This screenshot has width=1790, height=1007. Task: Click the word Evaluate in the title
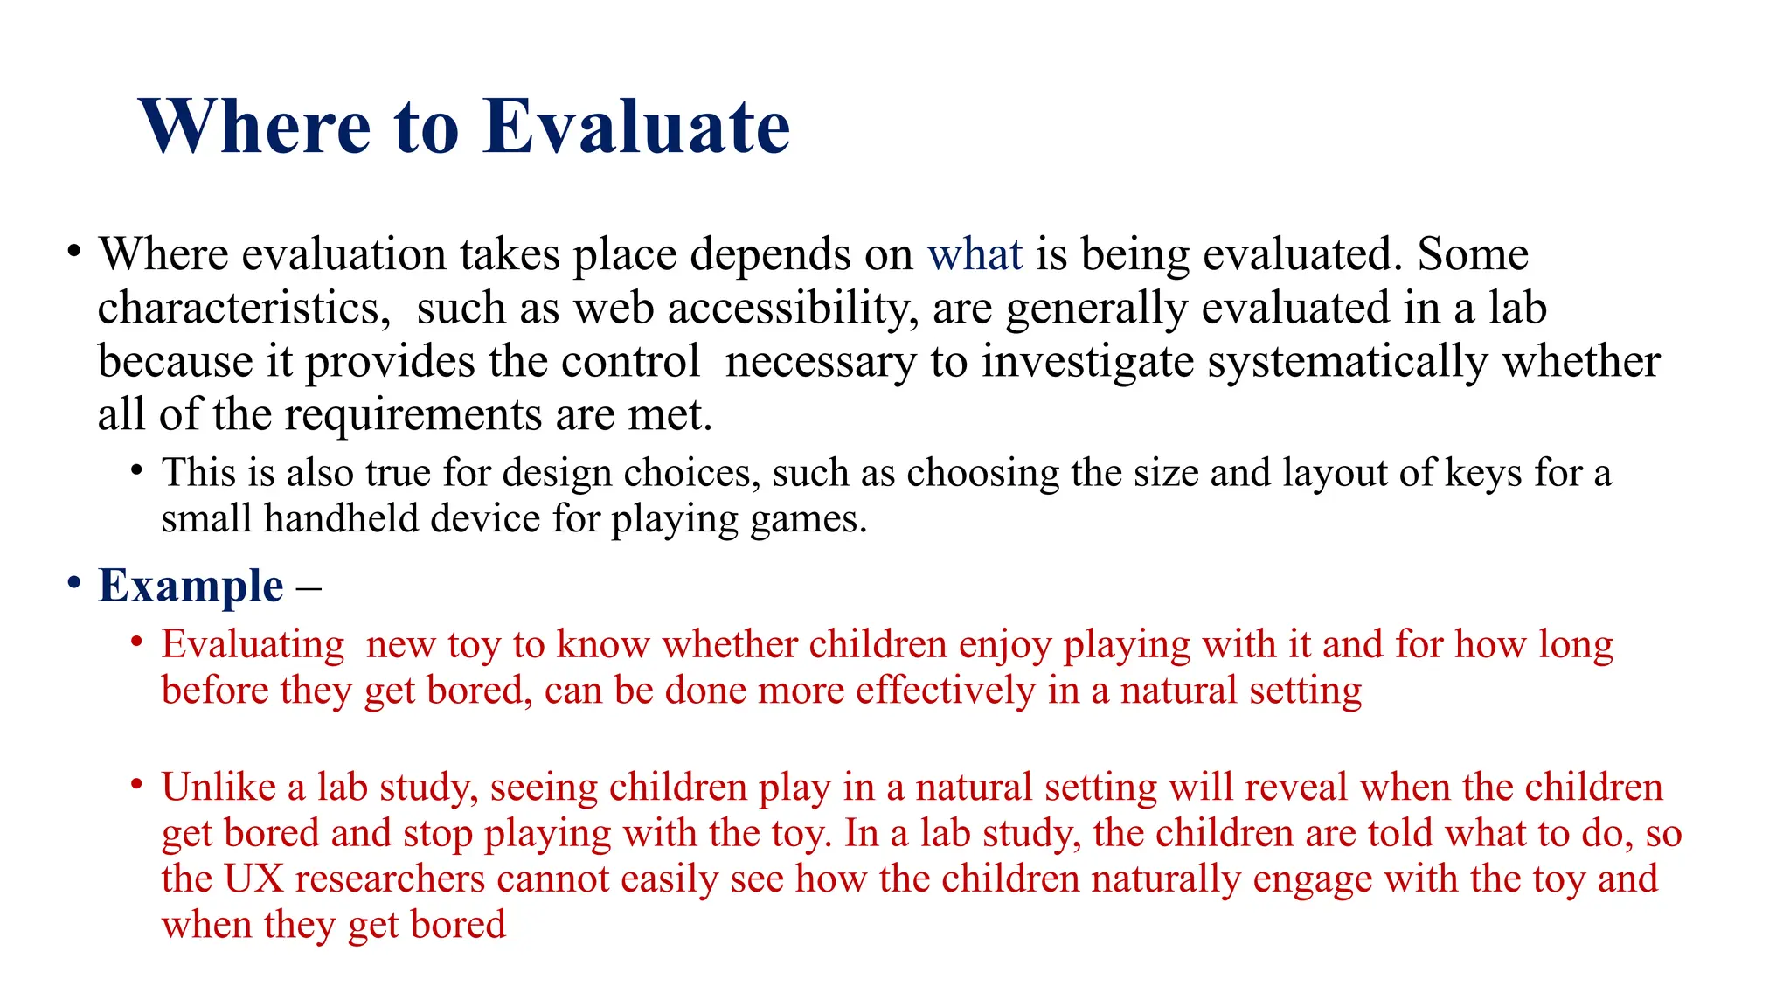636,127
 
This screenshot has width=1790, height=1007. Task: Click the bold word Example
191,587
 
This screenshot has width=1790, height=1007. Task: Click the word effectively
945,691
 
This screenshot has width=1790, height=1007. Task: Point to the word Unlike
219,788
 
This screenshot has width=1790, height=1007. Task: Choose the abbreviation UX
254,879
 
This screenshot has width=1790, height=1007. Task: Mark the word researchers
390,879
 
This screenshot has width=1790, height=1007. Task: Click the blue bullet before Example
74,583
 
